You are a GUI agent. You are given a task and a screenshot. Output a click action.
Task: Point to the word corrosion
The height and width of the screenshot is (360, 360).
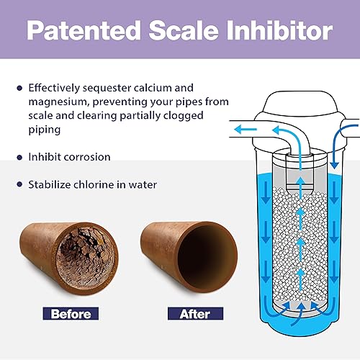(91, 156)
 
